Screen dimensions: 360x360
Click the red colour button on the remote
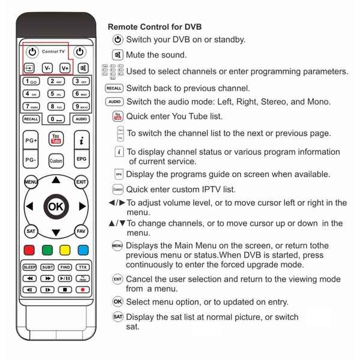click(29, 249)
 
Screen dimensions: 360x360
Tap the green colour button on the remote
click(47, 249)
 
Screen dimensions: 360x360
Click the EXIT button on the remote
click(81, 181)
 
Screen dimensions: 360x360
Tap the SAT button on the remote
click(30, 231)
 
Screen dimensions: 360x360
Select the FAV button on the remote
click(81, 231)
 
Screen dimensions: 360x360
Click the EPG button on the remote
click(81, 160)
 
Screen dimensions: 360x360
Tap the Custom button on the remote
click(56, 161)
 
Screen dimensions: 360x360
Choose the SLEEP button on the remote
click(29, 267)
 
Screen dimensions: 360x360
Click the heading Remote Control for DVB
click(154, 27)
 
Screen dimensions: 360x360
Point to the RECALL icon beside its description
click(114, 88)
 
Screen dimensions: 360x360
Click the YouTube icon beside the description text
click(118, 116)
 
